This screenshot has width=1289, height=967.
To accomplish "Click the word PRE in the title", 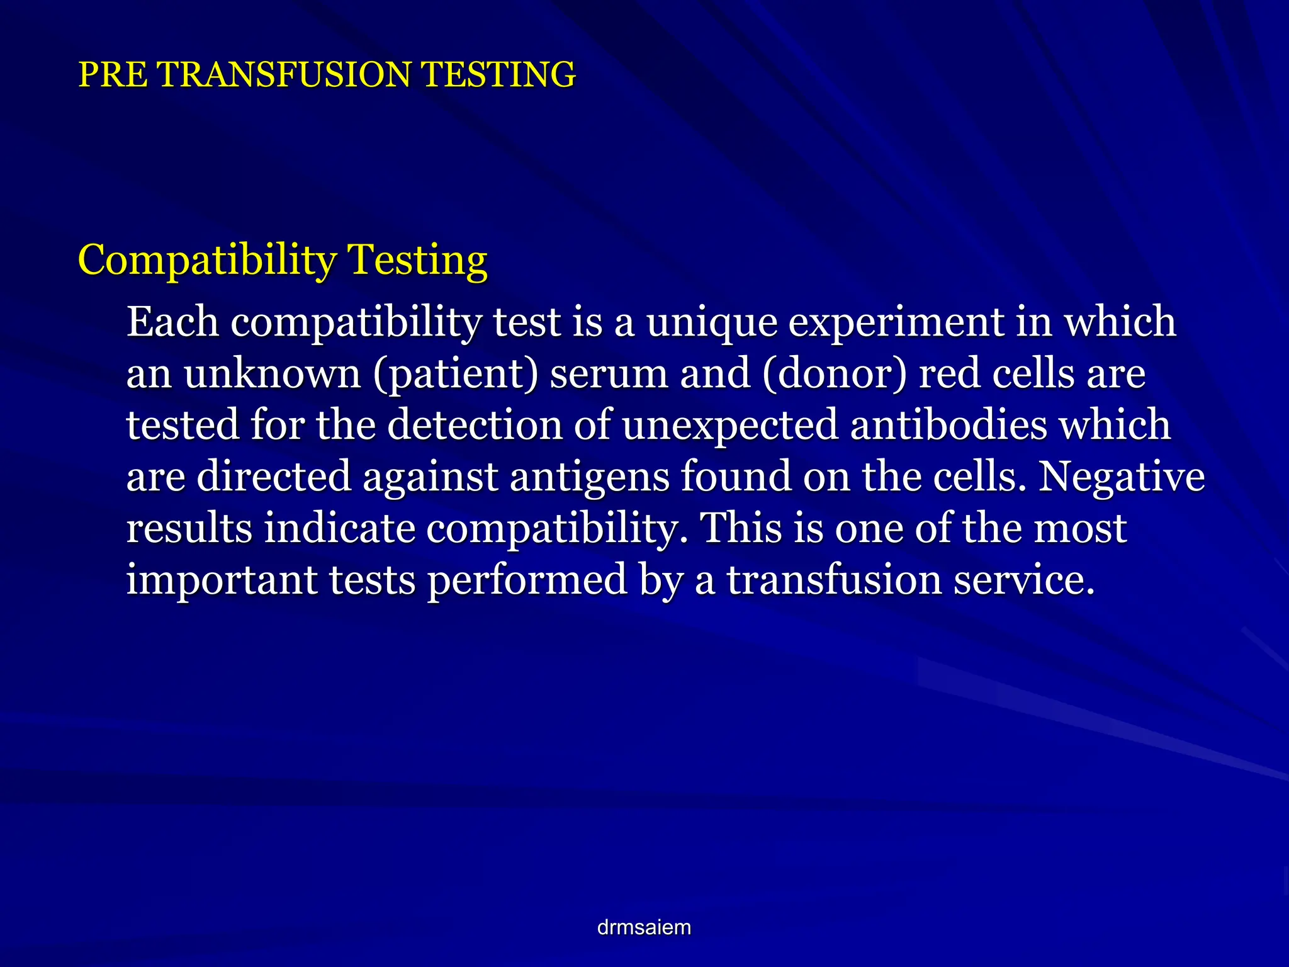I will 113,74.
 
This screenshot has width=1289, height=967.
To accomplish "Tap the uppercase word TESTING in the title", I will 498,74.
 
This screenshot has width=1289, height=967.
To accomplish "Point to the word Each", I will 172,322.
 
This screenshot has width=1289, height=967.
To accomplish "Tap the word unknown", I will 272,374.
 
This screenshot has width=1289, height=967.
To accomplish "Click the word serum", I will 609,374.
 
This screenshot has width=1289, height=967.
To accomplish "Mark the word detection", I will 475,425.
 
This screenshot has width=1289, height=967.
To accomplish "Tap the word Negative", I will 1121,477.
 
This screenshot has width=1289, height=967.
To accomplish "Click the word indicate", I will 339,528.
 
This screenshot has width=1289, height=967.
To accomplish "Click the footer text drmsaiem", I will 644,927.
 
